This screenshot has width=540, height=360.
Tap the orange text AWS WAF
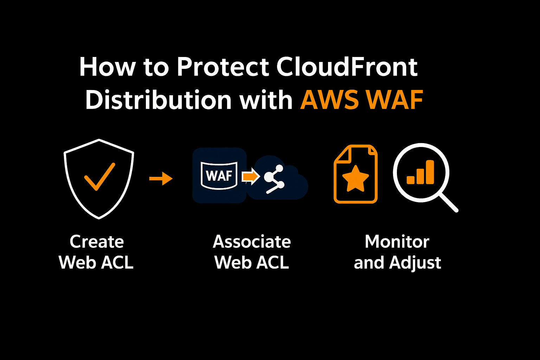[362, 100]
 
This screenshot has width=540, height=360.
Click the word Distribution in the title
[158, 100]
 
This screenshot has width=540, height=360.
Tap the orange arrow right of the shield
[161, 179]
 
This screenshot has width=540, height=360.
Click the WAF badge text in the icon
[219, 175]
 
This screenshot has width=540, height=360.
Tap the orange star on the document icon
[355, 178]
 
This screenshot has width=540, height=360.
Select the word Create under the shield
[97, 242]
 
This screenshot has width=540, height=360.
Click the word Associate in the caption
[252, 242]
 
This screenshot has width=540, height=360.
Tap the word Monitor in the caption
[397, 242]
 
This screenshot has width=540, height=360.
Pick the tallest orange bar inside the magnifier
[430, 172]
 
